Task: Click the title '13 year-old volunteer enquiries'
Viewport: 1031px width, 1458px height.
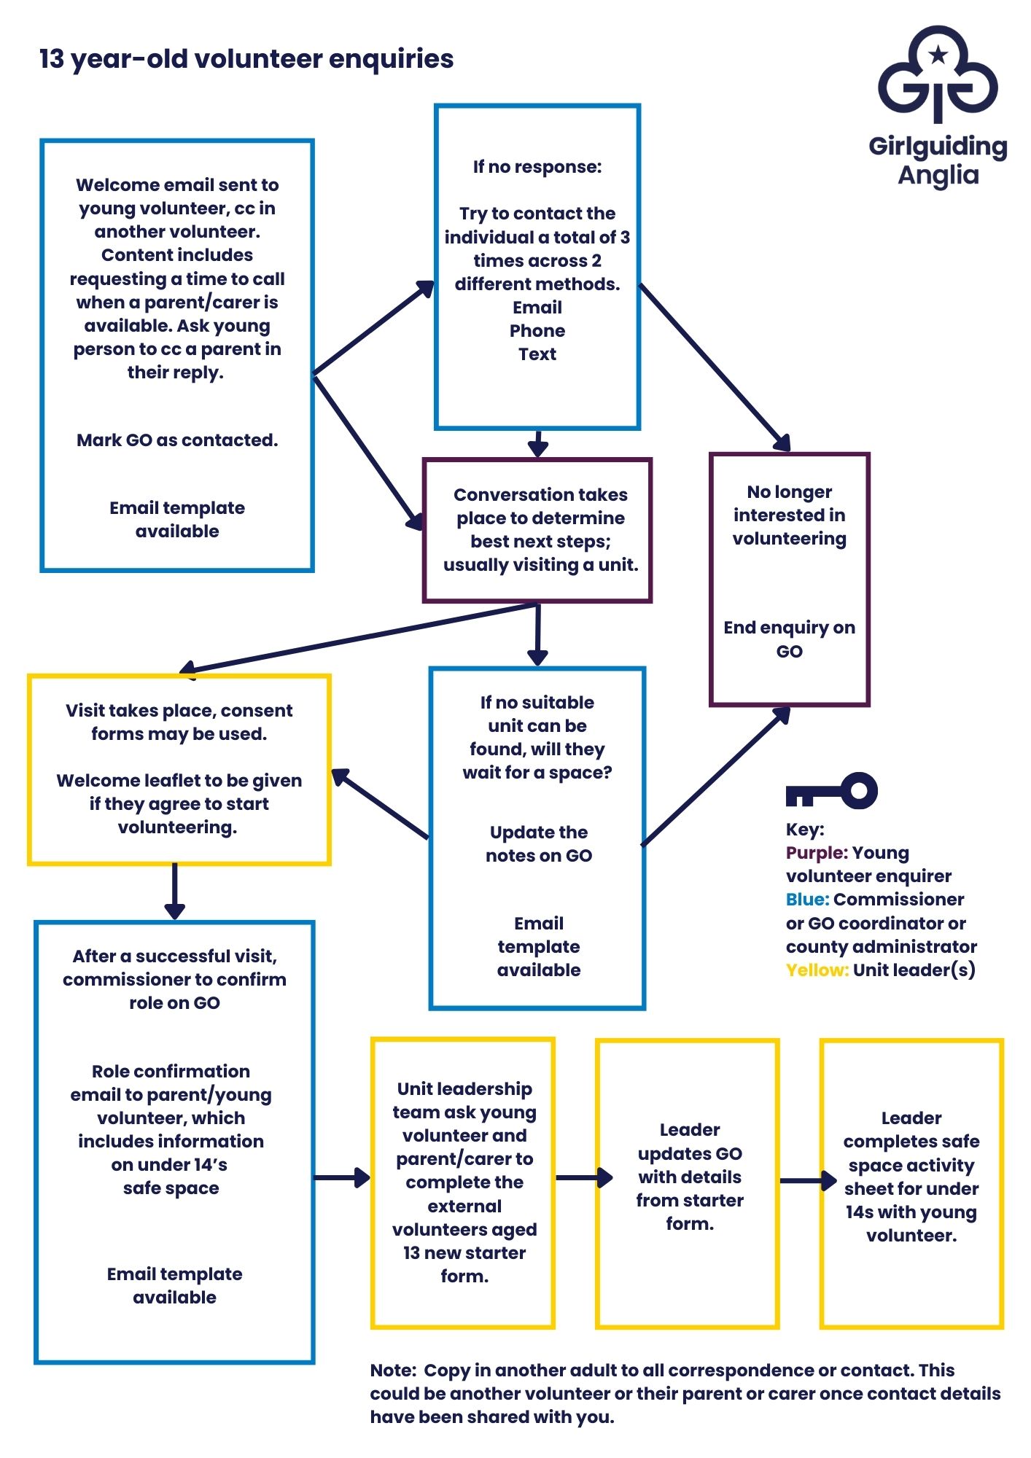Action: click(246, 59)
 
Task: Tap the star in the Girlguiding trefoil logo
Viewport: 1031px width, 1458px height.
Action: click(938, 54)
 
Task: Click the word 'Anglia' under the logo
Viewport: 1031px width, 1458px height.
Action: click(938, 175)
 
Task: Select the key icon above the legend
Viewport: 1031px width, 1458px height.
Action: click(831, 792)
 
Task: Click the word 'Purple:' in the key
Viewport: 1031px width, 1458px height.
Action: click(816, 853)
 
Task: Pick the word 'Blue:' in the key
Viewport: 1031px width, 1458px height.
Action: click(807, 900)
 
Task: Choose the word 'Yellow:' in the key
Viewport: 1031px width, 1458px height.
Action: click(817, 970)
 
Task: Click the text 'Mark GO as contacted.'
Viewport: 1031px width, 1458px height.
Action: click(177, 440)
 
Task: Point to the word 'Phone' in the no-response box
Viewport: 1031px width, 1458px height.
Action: click(537, 331)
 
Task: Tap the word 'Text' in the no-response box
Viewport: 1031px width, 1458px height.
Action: click(537, 354)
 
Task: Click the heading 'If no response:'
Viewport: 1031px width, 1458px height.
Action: click(537, 167)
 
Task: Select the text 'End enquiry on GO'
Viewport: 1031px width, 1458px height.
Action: click(789, 639)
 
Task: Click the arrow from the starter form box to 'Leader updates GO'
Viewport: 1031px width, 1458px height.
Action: click(584, 1177)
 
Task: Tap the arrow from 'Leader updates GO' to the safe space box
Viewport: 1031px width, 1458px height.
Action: click(808, 1180)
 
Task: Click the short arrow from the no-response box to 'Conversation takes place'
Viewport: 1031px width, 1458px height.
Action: click(537, 443)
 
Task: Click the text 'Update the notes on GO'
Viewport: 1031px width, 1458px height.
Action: click(539, 844)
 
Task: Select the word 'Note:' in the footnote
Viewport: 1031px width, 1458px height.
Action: click(392, 1371)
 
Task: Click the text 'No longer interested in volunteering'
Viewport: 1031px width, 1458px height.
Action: click(789, 515)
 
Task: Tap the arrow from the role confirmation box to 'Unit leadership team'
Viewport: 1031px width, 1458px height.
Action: click(342, 1177)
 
